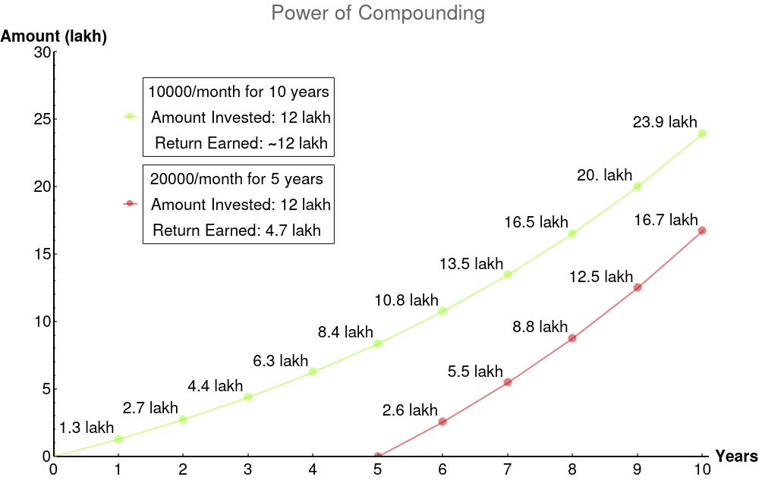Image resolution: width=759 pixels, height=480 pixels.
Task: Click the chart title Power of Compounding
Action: [377, 13]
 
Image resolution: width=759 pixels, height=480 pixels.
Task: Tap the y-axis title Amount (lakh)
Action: [54, 36]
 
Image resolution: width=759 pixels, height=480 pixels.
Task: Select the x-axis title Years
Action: [736, 456]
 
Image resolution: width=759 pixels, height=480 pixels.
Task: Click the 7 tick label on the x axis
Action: [507, 469]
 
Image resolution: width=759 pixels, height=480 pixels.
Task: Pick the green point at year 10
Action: [702, 133]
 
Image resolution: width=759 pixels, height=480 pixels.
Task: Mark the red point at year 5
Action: [378, 456]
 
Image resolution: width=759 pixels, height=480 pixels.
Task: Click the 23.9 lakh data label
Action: [665, 121]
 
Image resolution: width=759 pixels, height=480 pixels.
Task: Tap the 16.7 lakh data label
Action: [666, 220]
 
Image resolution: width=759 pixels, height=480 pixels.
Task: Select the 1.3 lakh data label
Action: [87, 428]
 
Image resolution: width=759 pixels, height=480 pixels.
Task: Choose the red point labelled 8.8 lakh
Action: [572, 338]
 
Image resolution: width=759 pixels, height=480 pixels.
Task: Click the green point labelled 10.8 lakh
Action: [442, 311]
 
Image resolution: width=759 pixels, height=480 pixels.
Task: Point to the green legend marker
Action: [129, 117]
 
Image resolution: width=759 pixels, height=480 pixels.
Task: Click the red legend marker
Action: [129, 203]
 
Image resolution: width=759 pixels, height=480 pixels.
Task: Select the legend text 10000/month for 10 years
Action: [239, 92]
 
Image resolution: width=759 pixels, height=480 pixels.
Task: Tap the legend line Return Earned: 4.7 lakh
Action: [237, 230]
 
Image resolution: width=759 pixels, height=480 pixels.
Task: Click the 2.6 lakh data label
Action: [410, 410]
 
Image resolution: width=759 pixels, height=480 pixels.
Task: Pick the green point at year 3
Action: [248, 397]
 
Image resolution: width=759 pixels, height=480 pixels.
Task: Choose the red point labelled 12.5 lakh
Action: [637, 287]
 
